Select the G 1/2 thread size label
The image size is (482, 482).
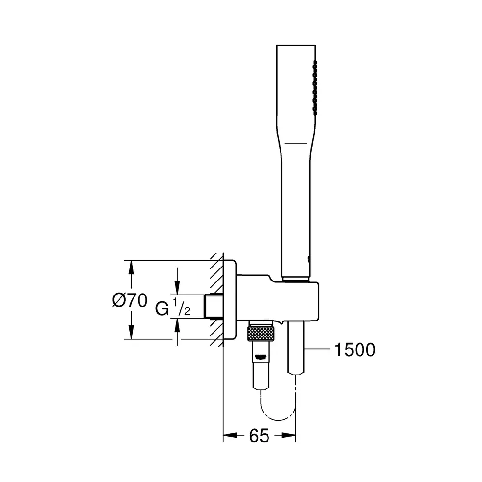pos(173,308)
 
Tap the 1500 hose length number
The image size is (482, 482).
pos(354,350)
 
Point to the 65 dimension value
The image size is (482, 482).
pos(259,436)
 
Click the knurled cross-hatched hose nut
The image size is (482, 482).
pos(260,334)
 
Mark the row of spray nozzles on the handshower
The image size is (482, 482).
pos(315,88)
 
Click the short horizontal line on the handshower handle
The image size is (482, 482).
pos(295,143)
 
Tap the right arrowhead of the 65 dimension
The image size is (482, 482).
pos(289,435)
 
